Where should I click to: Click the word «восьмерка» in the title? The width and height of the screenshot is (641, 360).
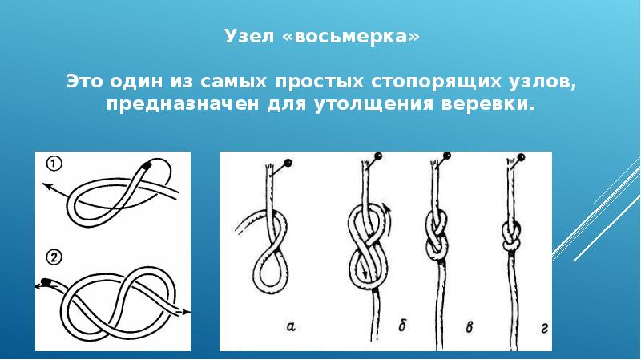click(x=351, y=36)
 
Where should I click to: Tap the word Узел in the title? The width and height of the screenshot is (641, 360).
click(x=249, y=36)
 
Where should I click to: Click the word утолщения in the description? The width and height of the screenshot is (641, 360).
click(x=374, y=104)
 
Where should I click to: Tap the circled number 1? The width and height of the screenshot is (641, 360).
click(x=54, y=164)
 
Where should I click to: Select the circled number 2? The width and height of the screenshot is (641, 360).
click(x=54, y=257)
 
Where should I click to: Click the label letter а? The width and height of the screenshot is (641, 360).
click(x=291, y=326)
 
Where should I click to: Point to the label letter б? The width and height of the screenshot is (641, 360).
click(x=402, y=326)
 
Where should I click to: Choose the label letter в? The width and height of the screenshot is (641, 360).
click(x=470, y=327)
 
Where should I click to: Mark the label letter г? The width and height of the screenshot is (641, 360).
click(x=544, y=327)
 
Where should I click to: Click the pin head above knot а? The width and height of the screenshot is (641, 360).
click(x=288, y=163)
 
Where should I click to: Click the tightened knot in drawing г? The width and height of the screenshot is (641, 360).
click(x=512, y=237)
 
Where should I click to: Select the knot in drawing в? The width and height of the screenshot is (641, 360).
click(x=437, y=235)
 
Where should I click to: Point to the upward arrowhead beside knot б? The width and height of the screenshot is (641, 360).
click(x=388, y=208)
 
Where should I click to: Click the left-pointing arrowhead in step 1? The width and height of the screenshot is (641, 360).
click(x=46, y=187)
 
